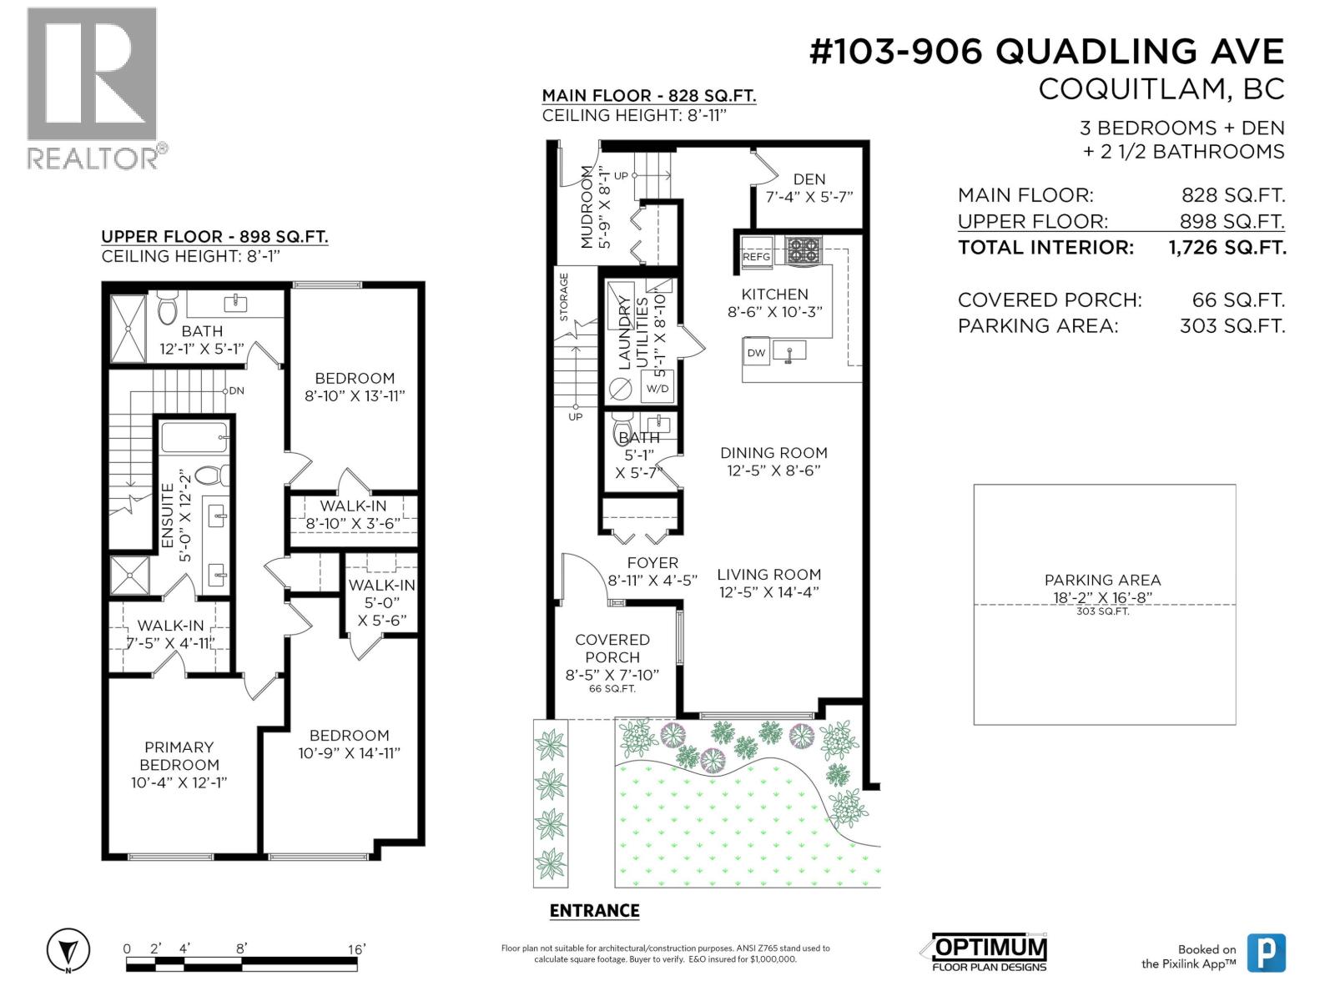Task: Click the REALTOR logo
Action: [x=92, y=88]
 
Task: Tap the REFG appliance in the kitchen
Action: [x=757, y=256]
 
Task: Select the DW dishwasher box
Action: [x=756, y=353]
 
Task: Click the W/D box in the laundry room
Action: [x=657, y=389]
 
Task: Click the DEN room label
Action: [x=809, y=179]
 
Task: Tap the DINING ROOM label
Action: [x=773, y=453]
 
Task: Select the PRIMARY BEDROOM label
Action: [x=179, y=756]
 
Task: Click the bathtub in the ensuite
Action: [x=194, y=437]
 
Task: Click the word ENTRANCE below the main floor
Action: [x=594, y=911]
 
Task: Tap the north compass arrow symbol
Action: [x=68, y=950]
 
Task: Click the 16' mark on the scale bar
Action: [x=356, y=949]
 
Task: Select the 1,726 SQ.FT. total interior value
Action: [x=1227, y=248]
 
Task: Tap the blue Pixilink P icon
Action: [x=1266, y=953]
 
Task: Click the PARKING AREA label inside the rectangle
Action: [x=1102, y=580]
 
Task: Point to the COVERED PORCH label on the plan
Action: [x=612, y=648]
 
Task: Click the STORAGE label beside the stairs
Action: [x=564, y=297]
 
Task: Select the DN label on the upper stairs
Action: [x=237, y=390]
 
